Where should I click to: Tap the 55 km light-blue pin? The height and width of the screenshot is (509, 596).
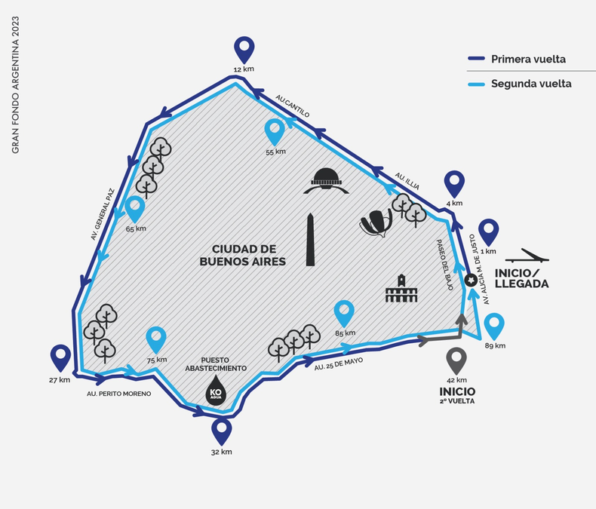pos(275,132)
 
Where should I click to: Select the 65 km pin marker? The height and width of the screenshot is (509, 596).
pos(135,209)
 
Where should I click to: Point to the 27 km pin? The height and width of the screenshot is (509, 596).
pos(60,358)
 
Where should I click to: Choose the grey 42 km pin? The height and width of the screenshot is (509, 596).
pos(456,360)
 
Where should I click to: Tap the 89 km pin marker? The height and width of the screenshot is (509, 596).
pos(494,327)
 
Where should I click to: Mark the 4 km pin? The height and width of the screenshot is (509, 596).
pos(453,183)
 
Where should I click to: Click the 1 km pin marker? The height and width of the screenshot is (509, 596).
pos(490,232)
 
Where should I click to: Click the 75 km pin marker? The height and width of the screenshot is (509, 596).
pos(156,340)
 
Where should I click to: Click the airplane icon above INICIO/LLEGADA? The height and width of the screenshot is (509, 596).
pos(527,257)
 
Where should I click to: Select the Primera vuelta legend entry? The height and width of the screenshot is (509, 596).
pos(527,59)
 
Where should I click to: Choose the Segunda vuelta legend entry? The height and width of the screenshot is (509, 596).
pos(530,84)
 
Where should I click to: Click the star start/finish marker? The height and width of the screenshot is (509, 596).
pos(471,280)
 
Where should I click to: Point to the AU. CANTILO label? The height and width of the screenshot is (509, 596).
pos(293,106)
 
